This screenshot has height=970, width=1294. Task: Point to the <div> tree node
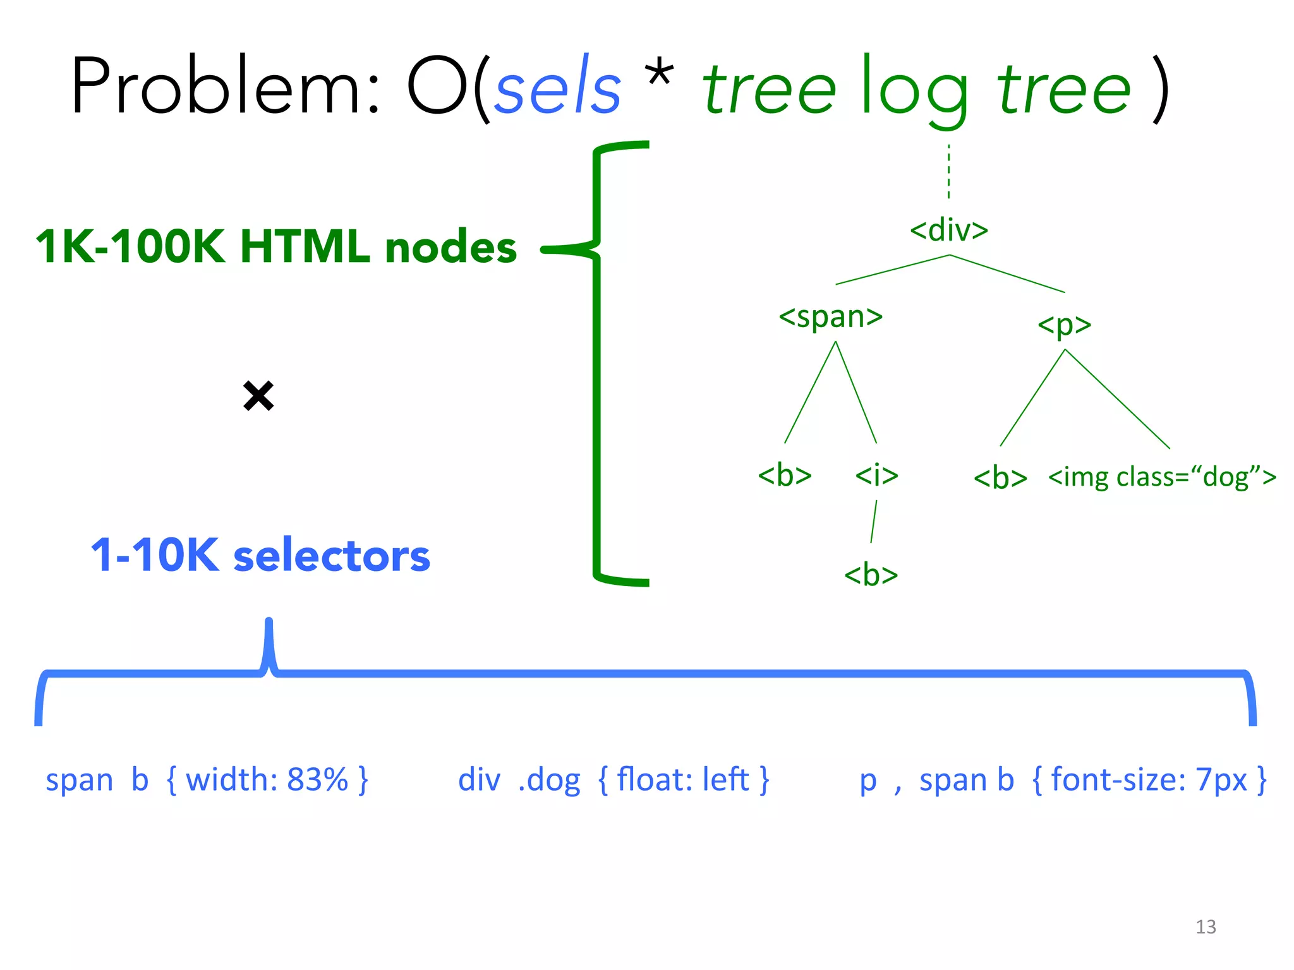coord(949,230)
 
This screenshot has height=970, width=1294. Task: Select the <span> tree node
coord(830,316)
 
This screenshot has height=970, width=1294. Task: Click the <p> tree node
coord(1065,325)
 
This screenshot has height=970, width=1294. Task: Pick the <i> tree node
coord(876,474)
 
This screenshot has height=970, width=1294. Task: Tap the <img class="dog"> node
coord(1162,477)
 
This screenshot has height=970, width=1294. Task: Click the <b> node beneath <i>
coord(871,575)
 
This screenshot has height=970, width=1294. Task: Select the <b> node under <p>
coord(1000,478)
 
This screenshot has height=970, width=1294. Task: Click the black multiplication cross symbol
coord(258,396)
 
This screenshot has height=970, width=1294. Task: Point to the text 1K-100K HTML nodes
coord(276,246)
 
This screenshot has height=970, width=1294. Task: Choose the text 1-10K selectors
coord(260,556)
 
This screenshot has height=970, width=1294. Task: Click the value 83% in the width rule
coord(317,780)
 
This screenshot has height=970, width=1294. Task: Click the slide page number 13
coord(1206,927)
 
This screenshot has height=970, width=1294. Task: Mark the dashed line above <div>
coord(948,172)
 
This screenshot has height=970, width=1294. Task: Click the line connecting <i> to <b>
coord(874,522)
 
